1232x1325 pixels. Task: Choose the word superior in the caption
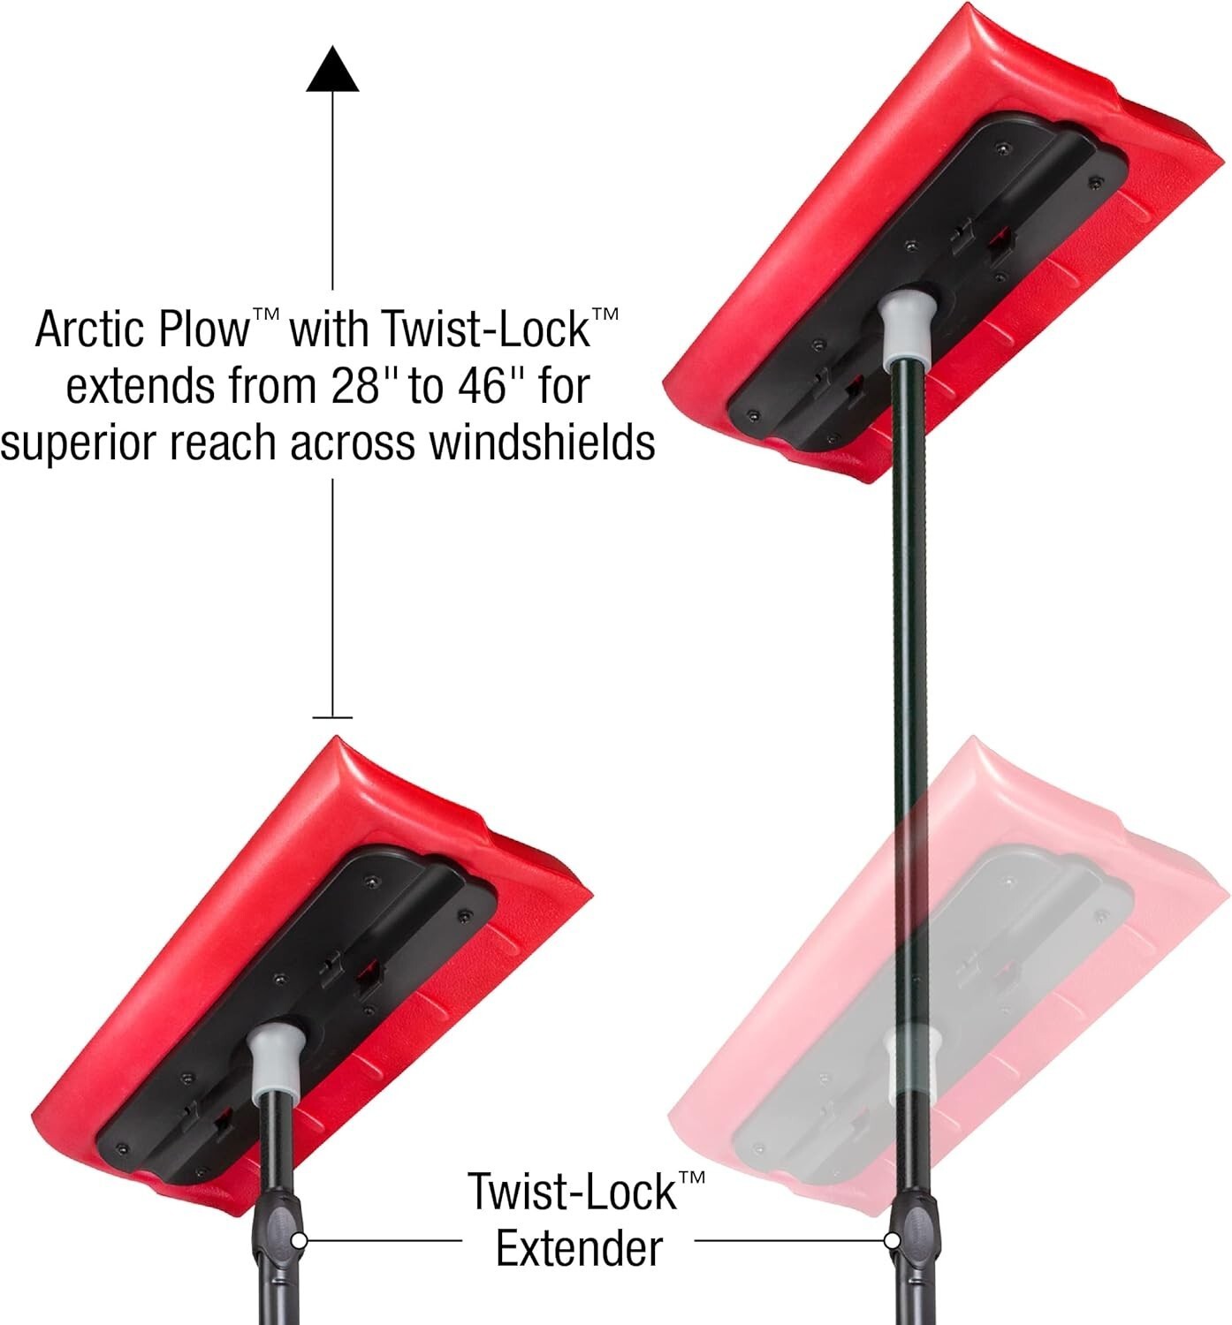pyautogui.click(x=78, y=443)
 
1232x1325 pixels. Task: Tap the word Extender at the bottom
pyautogui.click(x=579, y=1249)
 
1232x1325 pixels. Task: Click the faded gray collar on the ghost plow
pyautogui.click(x=910, y=1060)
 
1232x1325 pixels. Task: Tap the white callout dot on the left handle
pyautogui.click(x=299, y=1240)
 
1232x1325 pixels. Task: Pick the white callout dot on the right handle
pyautogui.click(x=891, y=1240)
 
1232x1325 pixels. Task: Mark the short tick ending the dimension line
pyautogui.click(x=332, y=717)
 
